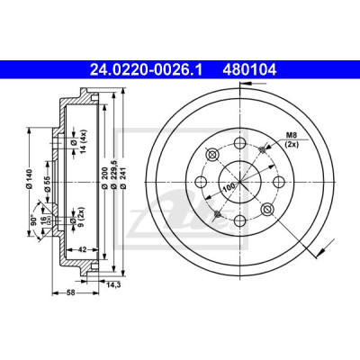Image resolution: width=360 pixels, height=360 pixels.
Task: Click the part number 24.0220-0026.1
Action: (x=146, y=70)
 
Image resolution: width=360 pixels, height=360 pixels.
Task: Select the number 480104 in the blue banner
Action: (x=249, y=70)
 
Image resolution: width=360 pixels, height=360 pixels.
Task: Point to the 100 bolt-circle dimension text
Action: (x=229, y=187)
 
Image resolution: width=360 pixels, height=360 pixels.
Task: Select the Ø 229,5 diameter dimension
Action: (x=114, y=175)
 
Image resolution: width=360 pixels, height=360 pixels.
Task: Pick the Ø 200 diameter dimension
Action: (x=104, y=177)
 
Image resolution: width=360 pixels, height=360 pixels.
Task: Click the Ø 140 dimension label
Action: (x=29, y=179)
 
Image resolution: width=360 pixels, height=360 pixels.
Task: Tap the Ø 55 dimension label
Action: (x=48, y=183)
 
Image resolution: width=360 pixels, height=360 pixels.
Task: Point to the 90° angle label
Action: (x=33, y=220)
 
